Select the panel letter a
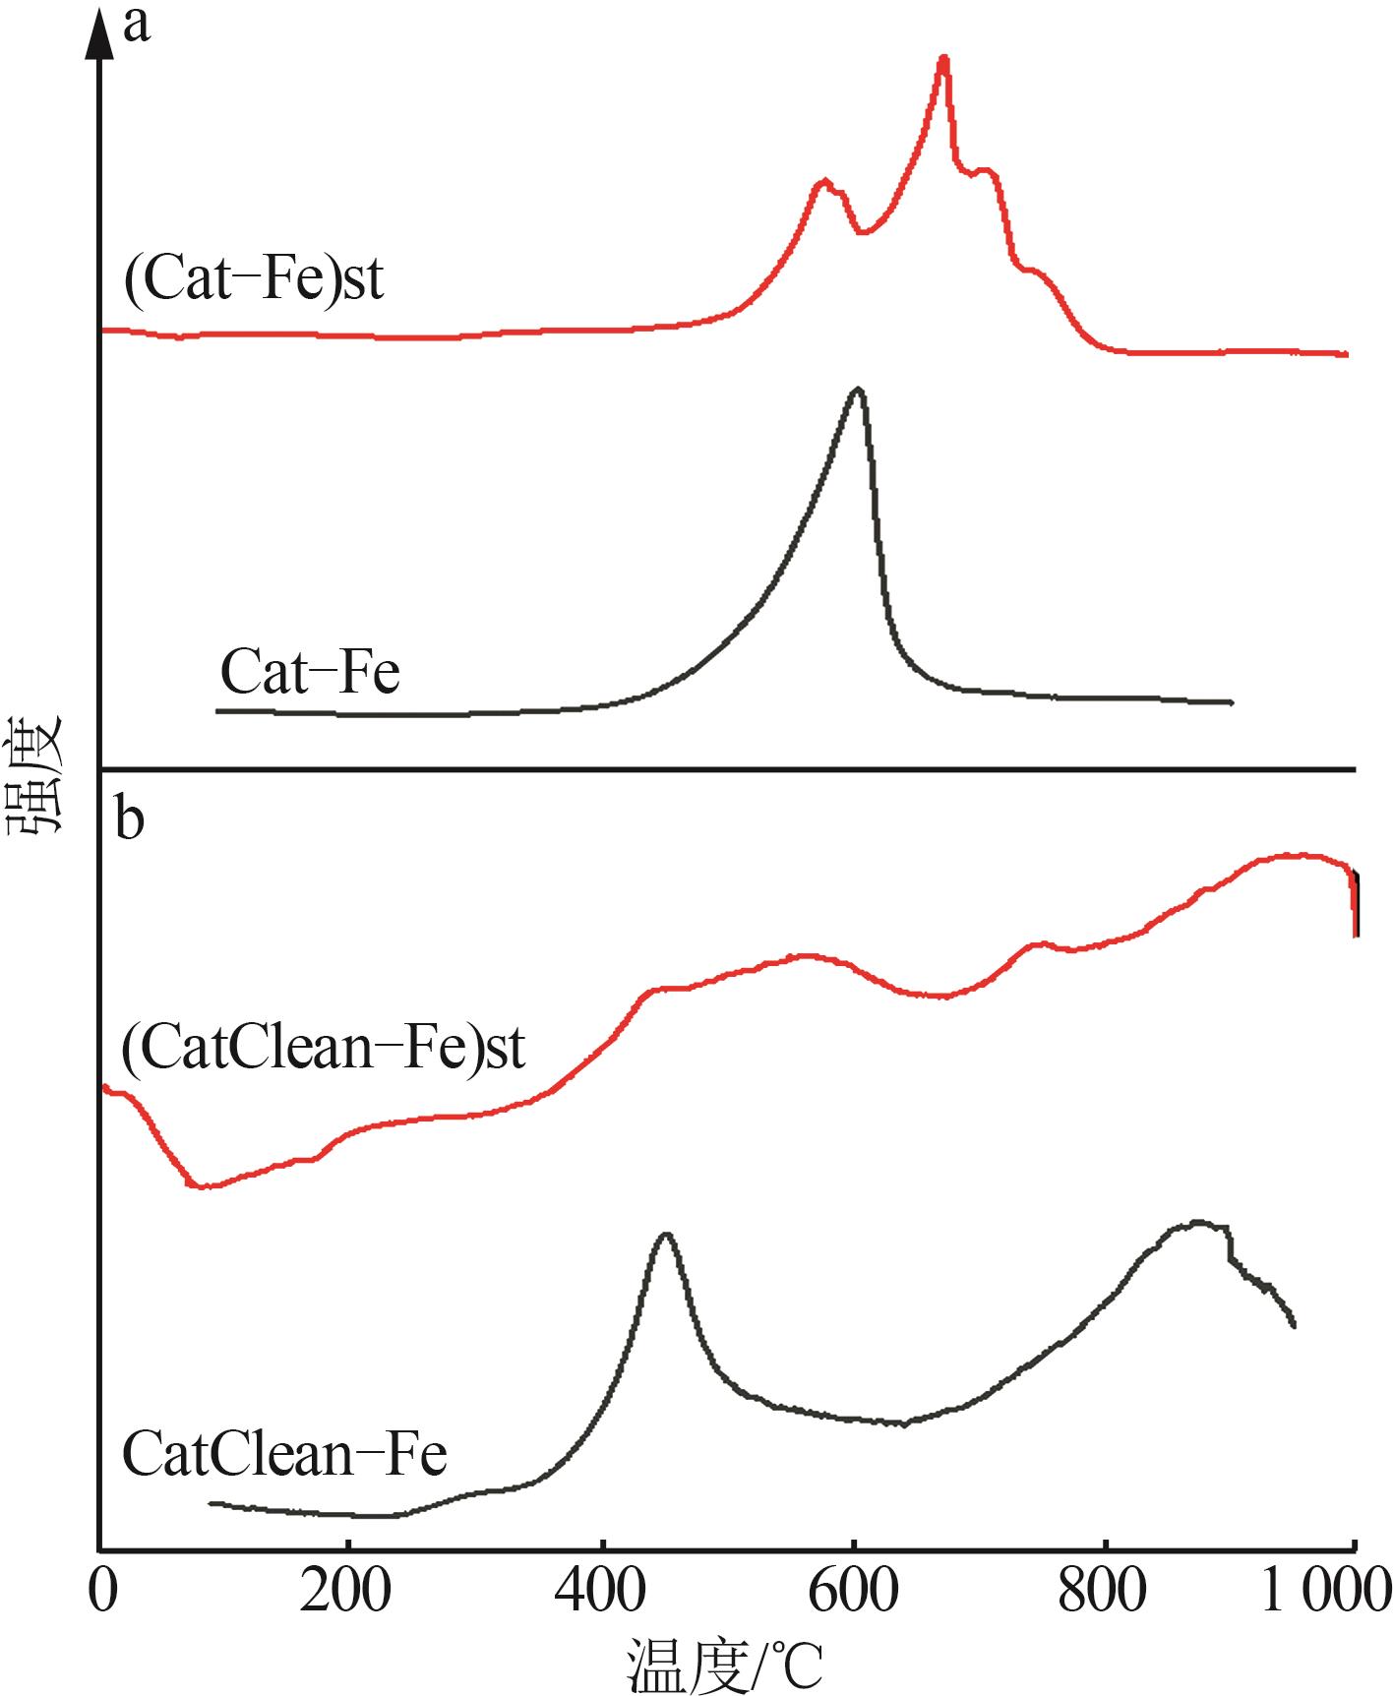[137, 25]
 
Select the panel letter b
[130, 818]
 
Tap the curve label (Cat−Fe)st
[253, 279]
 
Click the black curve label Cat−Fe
[310, 673]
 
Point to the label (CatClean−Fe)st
[324, 1048]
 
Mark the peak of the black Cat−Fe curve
[858, 390]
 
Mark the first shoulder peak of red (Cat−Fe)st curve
[824, 181]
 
